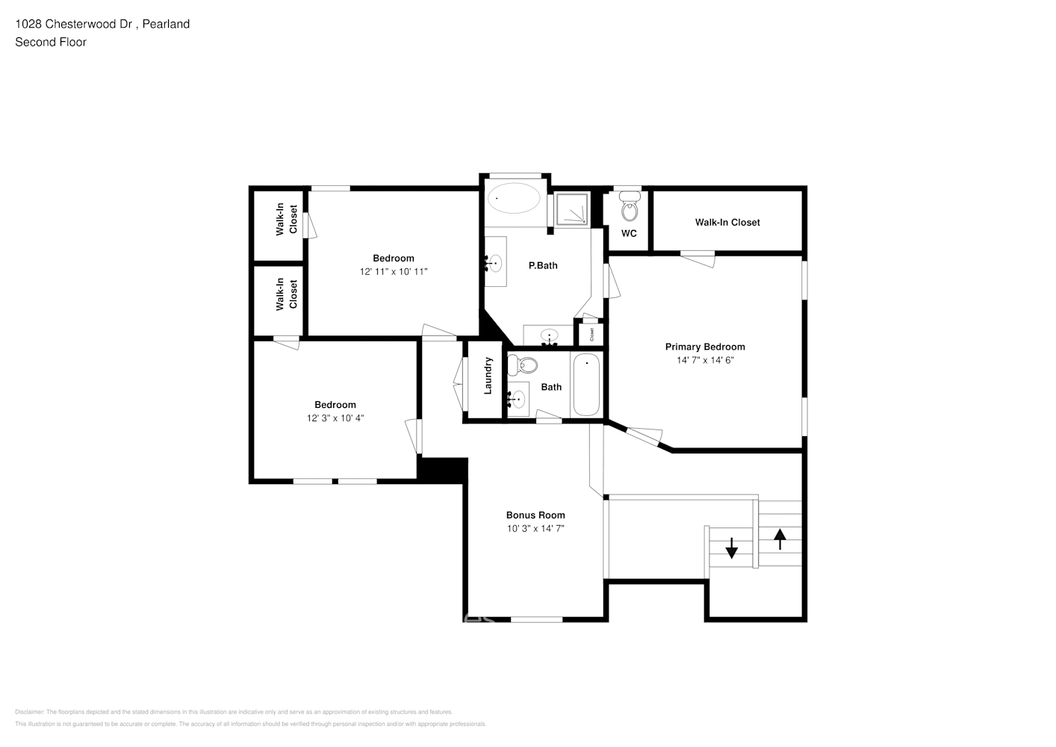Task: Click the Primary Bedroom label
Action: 704,347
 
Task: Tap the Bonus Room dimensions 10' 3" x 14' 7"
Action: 535,529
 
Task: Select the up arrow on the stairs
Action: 780,539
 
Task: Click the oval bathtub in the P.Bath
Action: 514,199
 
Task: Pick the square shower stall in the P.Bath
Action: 573,209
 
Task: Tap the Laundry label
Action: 488,376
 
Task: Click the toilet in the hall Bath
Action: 524,365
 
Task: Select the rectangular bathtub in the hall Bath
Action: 586,385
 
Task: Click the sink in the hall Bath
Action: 517,400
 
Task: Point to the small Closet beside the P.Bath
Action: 591,334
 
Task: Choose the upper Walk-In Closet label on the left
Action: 287,220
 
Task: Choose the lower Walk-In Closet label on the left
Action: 287,294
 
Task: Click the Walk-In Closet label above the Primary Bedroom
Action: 727,223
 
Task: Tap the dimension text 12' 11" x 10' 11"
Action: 393,272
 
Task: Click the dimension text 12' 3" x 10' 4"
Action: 335,418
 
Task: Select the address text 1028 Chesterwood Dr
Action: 74,24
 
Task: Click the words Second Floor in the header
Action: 51,43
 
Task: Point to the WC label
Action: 629,234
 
